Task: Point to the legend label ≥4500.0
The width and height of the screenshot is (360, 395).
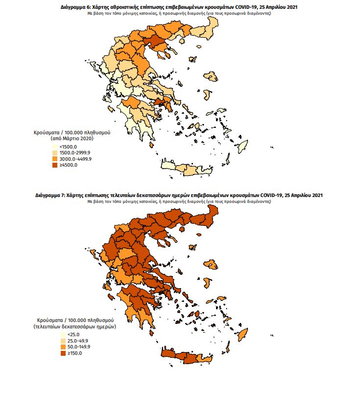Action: click(68, 165)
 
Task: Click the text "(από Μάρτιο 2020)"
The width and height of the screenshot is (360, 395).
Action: click(72, 139)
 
